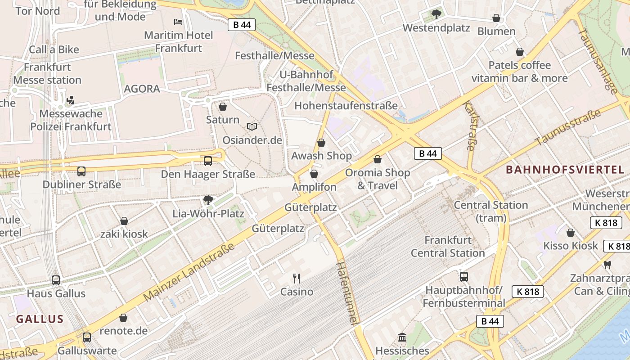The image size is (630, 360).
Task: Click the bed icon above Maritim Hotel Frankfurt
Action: click(x=178, y=22)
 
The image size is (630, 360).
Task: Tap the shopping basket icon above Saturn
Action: click(x=222, y=107)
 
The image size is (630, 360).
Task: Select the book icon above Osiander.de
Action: click(x=252, y=127)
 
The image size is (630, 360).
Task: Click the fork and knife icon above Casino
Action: click(x=296, y=278)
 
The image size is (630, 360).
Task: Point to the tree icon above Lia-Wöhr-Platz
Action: click(x=208, y=200)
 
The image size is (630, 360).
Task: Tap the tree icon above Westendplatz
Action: click(x=436, y=14)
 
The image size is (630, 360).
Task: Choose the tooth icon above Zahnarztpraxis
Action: click(x=607, y=265)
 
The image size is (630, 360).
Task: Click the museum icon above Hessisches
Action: click(x=402, y=337)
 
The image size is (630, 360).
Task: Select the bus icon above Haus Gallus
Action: click(x=56, y=280)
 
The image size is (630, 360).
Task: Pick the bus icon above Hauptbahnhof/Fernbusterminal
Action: click(x=464, y=276)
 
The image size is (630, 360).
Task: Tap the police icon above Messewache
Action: click(x=70, y=100)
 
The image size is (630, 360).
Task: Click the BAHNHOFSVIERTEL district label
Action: click(x=565, y=170)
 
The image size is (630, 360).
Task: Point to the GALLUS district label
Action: click(x=40, y=319)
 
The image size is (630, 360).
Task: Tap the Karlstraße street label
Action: click(x=469, y=126)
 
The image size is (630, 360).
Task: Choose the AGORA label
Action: click(x=142, y=89)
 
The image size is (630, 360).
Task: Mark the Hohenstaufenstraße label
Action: click(x=346, y=106)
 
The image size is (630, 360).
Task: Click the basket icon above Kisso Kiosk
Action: click(x=571, y=233)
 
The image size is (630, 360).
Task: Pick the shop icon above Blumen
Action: click(x=496, y=18)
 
